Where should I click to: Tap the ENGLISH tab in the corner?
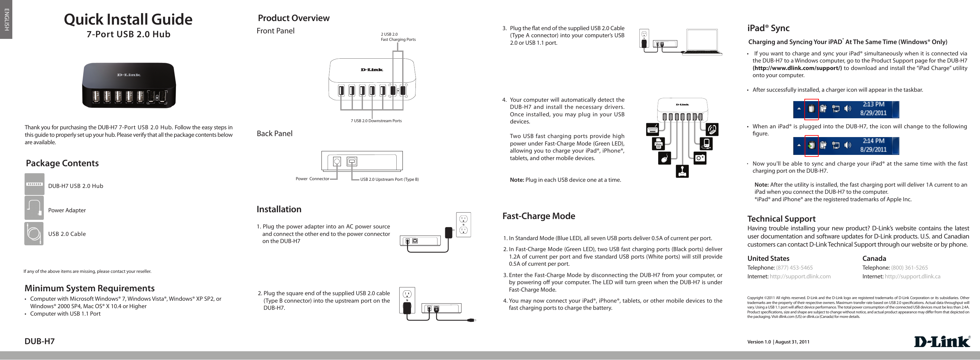(x=6, y=19)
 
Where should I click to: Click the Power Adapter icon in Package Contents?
(x=34, y=208)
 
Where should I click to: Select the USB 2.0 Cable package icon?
(x=34, y=233)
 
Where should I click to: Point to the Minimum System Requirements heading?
(x=89, y=288)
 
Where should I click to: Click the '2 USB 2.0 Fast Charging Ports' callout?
(x=398, y=37)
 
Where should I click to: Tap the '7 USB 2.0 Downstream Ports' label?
(x=376, y=121)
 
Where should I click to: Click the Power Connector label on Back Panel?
(x=312, y=179)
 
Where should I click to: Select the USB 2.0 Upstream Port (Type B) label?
(x=389, y=179)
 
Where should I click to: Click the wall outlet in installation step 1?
(x=463, y=225)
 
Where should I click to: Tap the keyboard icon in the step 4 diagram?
(x=652, y=130)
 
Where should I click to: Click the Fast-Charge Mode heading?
(x=538, y=216)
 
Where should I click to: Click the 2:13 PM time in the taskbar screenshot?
(x=873, y=104)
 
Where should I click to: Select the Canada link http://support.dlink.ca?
(x=912, y=276)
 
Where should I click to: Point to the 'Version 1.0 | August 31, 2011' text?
(x=778, y=342)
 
